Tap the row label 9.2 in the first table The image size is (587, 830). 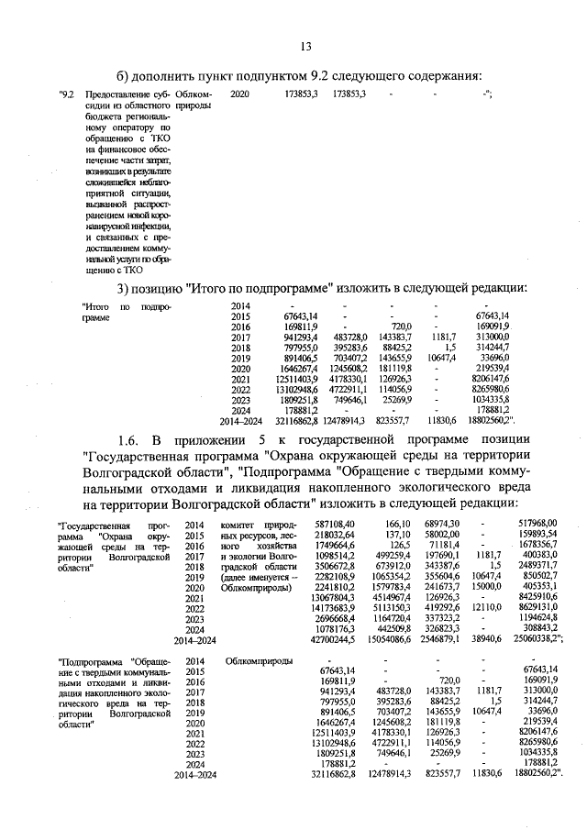click(x=65, y=94)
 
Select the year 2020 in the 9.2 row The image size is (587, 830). click(x=239, y=94)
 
